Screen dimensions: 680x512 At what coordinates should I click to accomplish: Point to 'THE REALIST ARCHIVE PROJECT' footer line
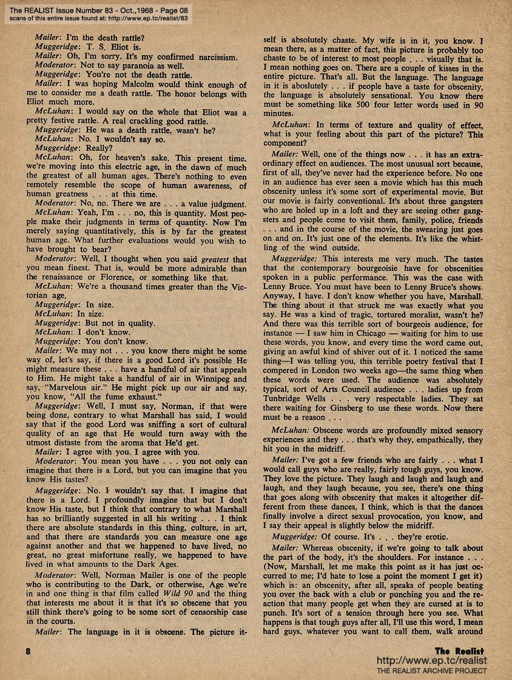(431, 671)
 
